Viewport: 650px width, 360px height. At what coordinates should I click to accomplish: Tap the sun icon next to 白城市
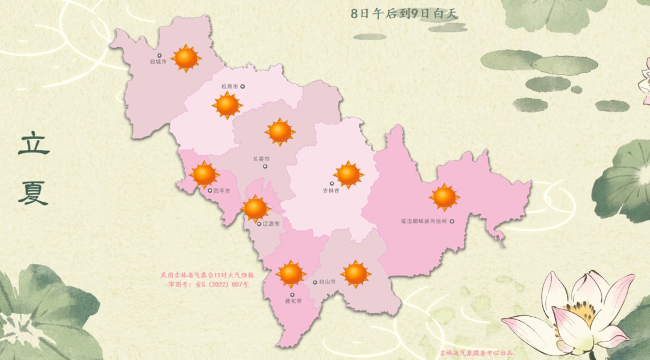pyautogui.click(x=186, y=58)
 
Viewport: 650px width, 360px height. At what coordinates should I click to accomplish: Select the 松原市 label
pyautogui.click(x=230, y=86)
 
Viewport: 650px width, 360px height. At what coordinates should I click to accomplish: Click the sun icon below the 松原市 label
pyautogui.click(x=227, y=105)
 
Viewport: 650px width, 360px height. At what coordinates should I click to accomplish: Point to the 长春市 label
pyautogui.click(x=261, y=159)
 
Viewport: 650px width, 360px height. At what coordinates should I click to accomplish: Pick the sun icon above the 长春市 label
pyautogui.click(x=280, y=132)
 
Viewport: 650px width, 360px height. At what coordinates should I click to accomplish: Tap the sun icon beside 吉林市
pyautogui.click(x=348, y=175)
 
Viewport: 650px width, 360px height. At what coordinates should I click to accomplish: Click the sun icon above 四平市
pyautogui.click(x=204, y=174)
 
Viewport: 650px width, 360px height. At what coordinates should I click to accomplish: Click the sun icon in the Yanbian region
pyautogui.click(x=444, y=197)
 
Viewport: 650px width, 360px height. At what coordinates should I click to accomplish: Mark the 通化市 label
pyautogui.click(x=293, y=299)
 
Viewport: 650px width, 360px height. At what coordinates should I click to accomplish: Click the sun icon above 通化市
pyautogui.click(x=291, y=274)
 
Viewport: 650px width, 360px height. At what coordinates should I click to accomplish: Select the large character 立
pyautogui.click(x=34, y=144)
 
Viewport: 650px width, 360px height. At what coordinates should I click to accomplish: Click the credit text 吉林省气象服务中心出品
pyautogui.click(x=476, y=353)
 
